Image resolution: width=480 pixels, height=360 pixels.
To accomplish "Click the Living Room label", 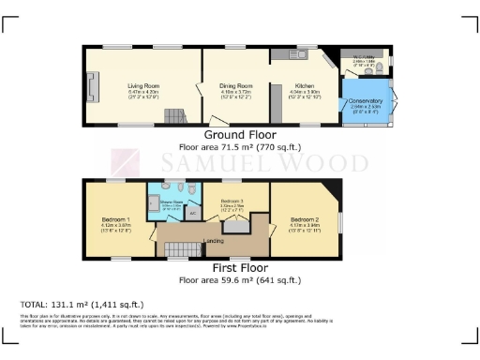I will pos(143,84).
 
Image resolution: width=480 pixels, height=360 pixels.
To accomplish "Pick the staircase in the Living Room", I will pos(172,116).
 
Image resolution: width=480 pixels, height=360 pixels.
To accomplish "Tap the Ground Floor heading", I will pos(239,137).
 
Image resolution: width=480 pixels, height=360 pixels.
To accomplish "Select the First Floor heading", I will pos(239,268).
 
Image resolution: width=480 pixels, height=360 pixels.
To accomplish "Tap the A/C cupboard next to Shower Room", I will pos(192,213).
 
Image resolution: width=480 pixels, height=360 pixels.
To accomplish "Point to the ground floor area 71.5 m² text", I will pos(239,148).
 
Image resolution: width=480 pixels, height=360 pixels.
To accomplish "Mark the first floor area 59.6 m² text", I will pos(239,279).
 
